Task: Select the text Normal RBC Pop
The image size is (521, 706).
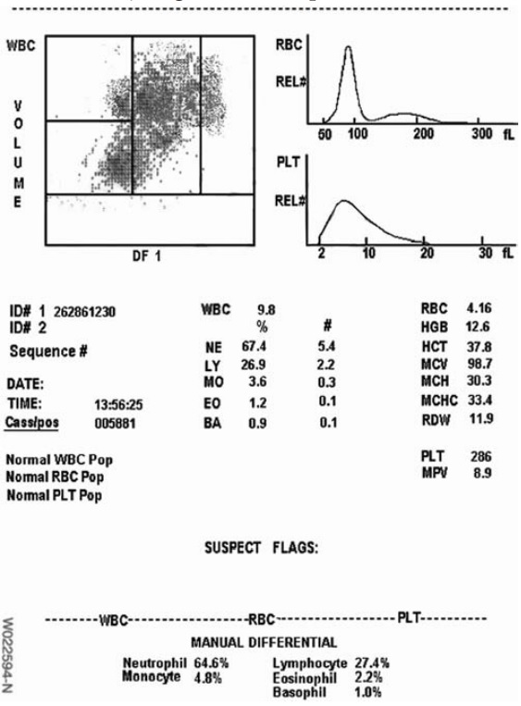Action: point(55,477)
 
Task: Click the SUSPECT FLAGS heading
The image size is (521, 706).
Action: point(261,548)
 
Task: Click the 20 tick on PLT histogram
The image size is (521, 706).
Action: point(426,255)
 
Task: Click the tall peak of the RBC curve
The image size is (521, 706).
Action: point(348,48)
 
